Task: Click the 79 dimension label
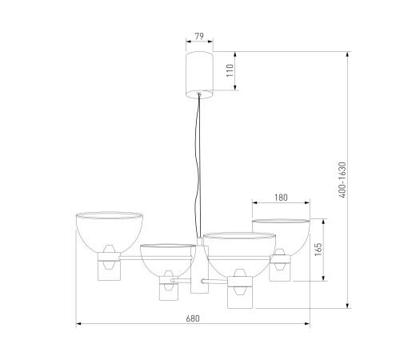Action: pos(199,36)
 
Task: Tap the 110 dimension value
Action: pos(230,70)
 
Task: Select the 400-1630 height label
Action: pos(342,180)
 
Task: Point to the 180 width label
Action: pos(281,198)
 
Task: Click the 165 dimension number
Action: pos(318,250)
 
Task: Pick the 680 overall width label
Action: pos(193,318)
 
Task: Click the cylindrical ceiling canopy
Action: pos(199,75)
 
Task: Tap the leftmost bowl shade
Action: pos(110,232)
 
